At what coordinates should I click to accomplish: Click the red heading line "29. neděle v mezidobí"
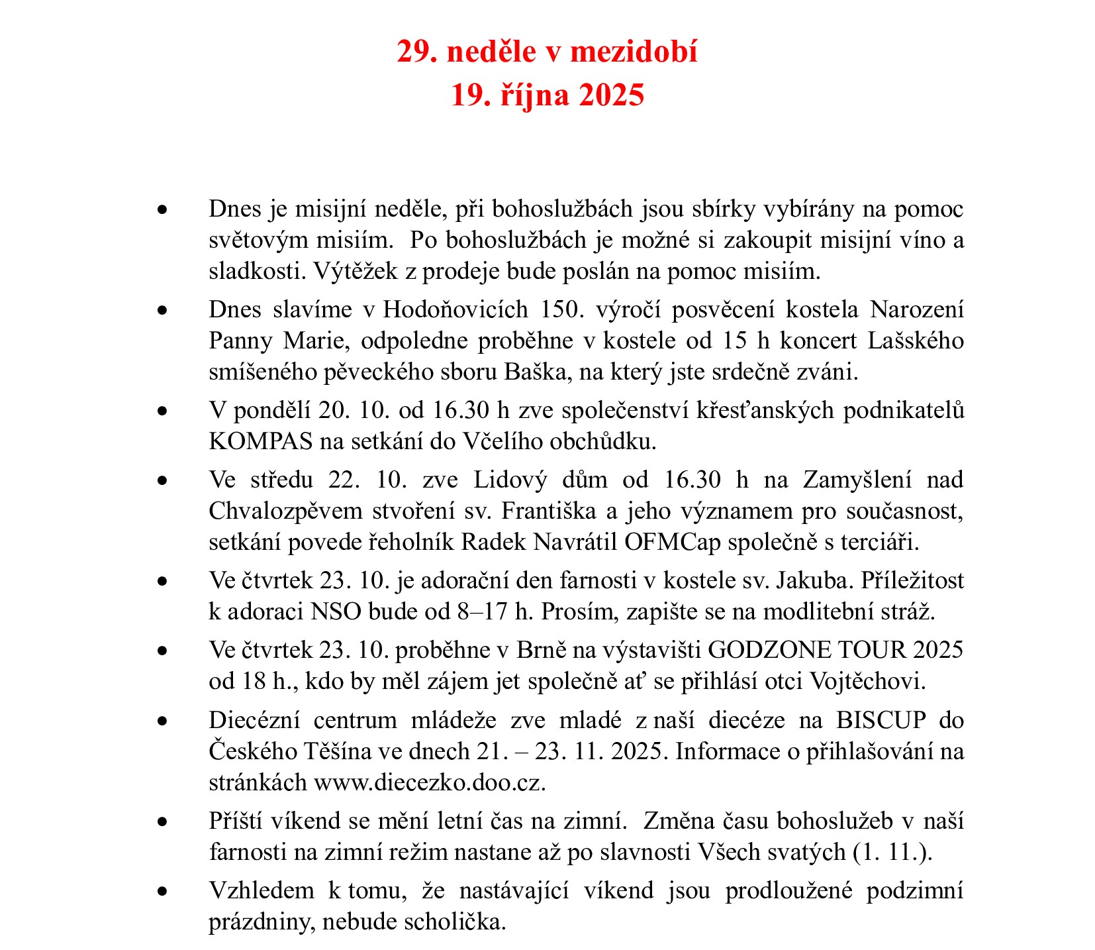pyautogui.click(x=547, y=52)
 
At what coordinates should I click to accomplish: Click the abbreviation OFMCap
pyautogui.click(x=672, y=543)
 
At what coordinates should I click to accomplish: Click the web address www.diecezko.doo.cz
pyautogui.click(x=429, y=783)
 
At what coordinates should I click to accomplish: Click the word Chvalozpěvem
pyautogui.click(x=286, y=511)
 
